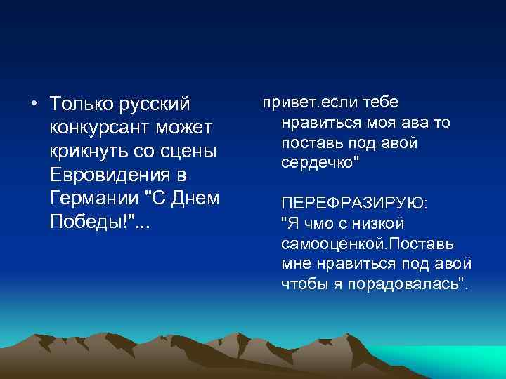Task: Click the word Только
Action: coord(79,105)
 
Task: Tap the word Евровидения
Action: coord(105,175)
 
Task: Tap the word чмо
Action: coord(315,224)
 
